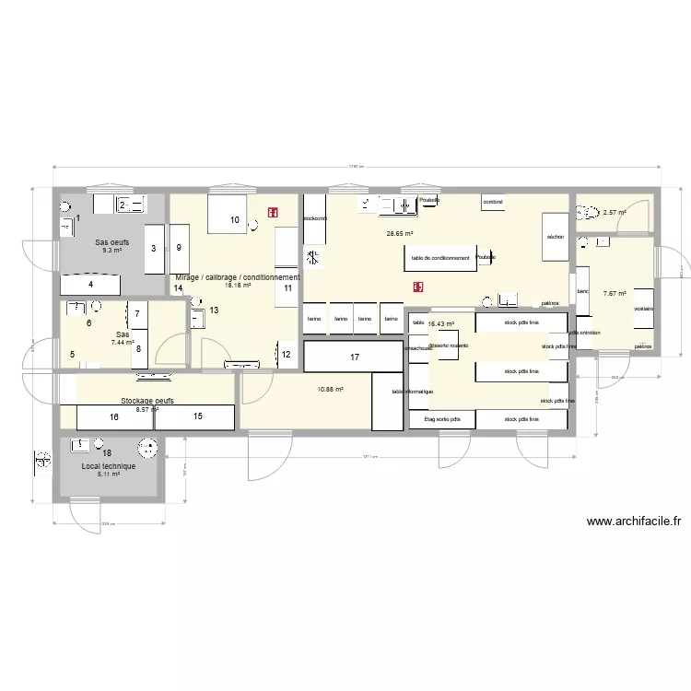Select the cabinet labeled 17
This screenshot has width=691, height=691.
click(354, 356)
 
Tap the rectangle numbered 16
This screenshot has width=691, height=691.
click(114, 417)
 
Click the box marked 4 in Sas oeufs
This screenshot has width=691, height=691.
click(90, 285)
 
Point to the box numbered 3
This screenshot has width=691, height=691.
click(154, 247)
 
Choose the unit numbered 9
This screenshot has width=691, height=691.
click(179, 247)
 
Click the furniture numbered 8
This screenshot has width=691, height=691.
click(138, 348)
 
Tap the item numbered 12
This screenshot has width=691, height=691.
click(286, 354)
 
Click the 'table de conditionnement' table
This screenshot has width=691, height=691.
click(440, 258)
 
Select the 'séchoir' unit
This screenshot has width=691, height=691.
click(555, 238)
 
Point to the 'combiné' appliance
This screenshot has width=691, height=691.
click(493, 201)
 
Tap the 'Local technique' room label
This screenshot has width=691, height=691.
click(109, 466)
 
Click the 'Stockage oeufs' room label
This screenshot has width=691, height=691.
click(147, 402)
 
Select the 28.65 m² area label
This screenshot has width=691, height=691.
click(400, 234)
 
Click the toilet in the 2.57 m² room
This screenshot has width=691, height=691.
click(590, 213)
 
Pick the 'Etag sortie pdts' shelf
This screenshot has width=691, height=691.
click(441, 419)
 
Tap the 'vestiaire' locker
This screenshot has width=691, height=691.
click(642, 310)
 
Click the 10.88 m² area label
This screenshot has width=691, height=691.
click(330, 389)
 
